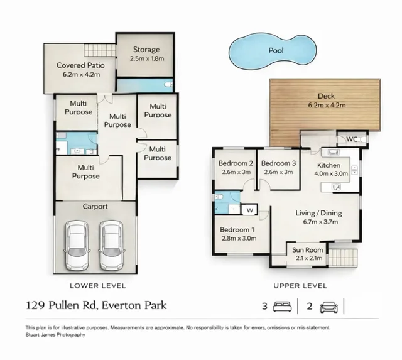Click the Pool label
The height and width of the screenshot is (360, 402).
(x=276, y=50)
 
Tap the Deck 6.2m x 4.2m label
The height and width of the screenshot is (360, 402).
(x=326, y=101)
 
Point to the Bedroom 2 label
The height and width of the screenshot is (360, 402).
(x=236, y=168)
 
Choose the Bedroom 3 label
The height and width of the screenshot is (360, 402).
(x=280, y=168)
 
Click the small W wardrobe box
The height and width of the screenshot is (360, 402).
(x=249, y=209)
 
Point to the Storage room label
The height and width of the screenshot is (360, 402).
(x=145, y=54)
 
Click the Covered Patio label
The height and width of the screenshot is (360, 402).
(x=80, y=69)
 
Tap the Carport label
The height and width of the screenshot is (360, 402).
(x=95, y=206)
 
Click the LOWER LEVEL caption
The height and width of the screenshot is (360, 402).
(x=97, y=285)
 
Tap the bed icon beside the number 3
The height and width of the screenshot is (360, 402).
(x=284, y=307)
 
